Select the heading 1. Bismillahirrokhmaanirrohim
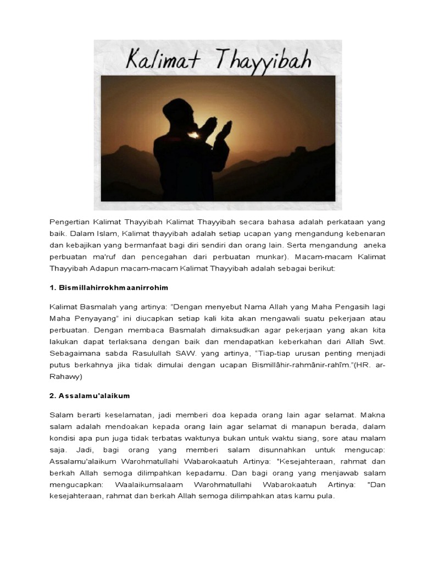click(x=109, y=288)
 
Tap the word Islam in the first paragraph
click(x=103, y=233)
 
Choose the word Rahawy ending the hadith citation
click(x=66, y=377)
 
